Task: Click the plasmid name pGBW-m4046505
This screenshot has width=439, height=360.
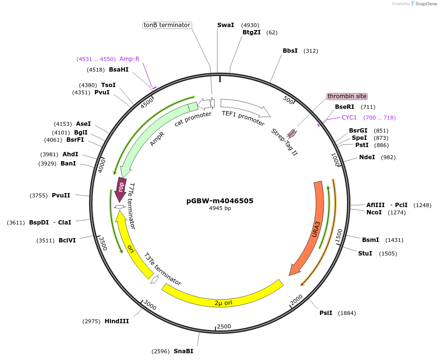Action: click(x=220, y=201)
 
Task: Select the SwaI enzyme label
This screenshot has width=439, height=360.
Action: click(x=226, y=25)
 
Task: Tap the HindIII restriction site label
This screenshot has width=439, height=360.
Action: click(x=117, y=321)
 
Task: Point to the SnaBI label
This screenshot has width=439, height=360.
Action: click(x=183, y=351)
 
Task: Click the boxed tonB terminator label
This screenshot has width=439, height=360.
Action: click(x=167, y=25)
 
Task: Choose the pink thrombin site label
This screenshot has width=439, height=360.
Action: click(x=347, y=96)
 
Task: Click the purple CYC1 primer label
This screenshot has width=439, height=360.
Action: click(x=349, y=117)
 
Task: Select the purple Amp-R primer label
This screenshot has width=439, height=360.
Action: click(x=129, y=59)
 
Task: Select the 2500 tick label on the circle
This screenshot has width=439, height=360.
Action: click(x=224, y=327)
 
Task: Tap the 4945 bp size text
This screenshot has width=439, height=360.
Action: click(x=220, y=208)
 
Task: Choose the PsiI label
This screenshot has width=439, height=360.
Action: click(x=326, y=313)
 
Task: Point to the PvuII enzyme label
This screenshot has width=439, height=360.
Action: click(x=61, y=195)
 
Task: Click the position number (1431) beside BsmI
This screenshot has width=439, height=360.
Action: click(x=394, y=240)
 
